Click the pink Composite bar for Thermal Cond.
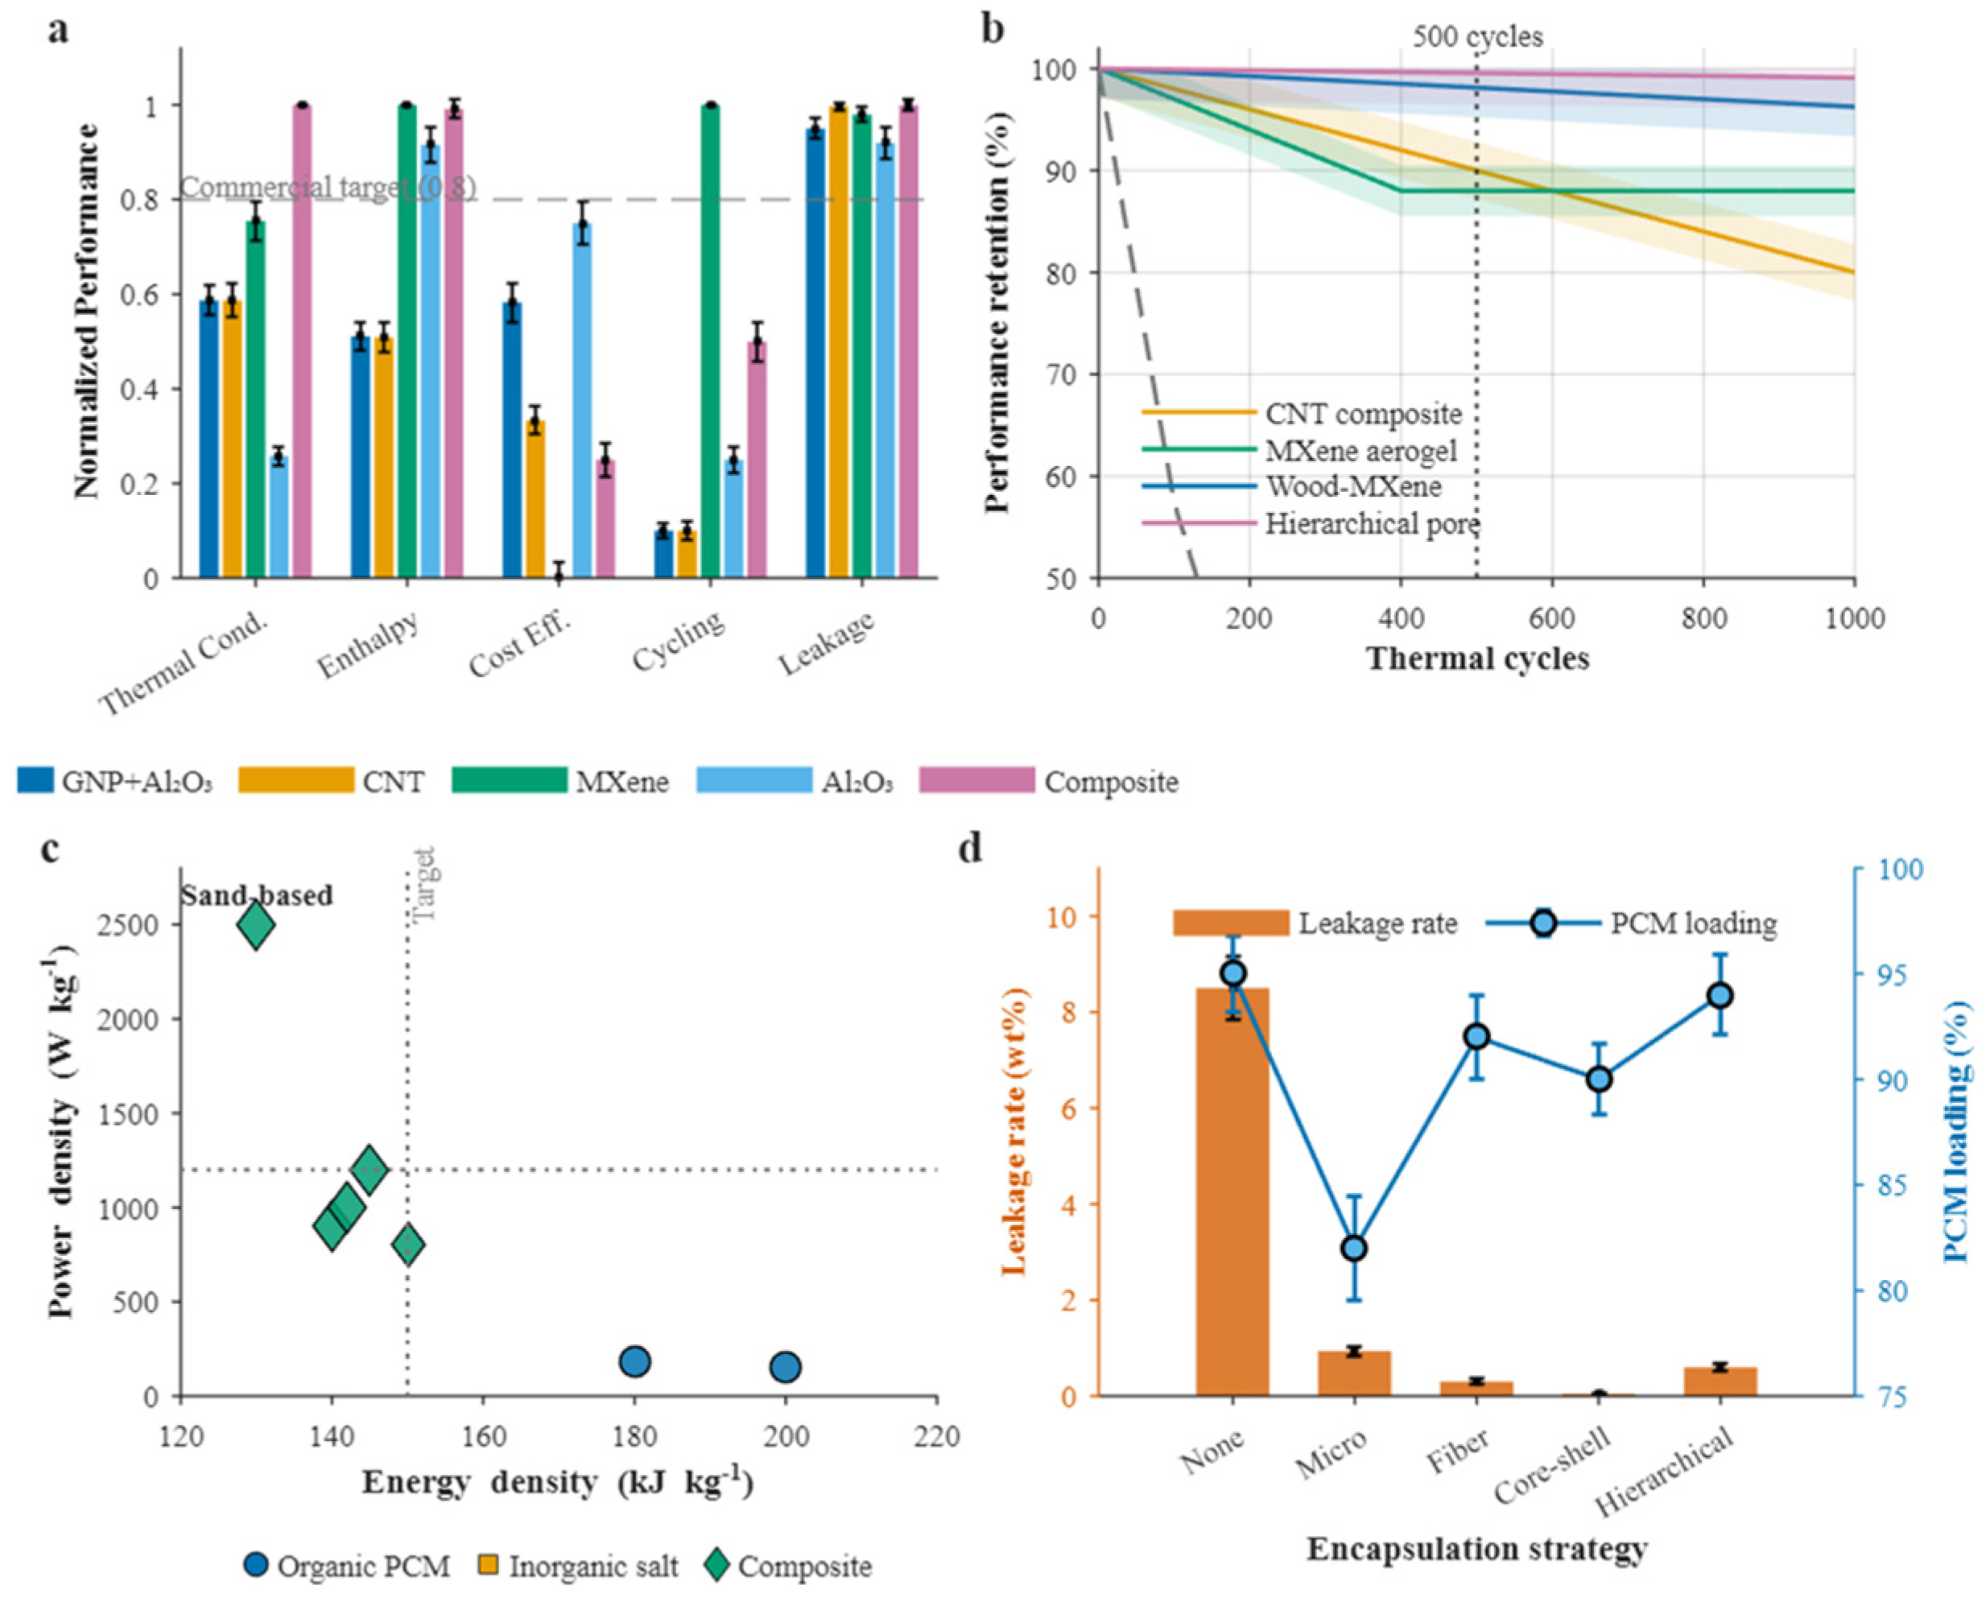pyautogui.click(x=302, y=341)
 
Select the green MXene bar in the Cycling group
pyautogui.click(x=710, y=341)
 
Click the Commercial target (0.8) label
pyautogui.click(x=328, y=188)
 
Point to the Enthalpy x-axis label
pyautogui.click(x=367, y=644)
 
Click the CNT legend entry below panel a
pyautogui.click(x=332, y=782)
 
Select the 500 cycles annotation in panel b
pyautogui.click(x=1477, y=37)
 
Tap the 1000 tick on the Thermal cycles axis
pyautogui.click(x=1854, y=617)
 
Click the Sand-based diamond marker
pyautogui.click(x=256, y=926)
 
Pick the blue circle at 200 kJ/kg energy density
pyautogui.click(x=785, y=1367)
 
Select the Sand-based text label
pyautogui.click(x=257, y=894)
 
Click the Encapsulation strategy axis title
pyautogui.click(x=1476, y=1549)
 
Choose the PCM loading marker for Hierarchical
pyautogui.click(x=1720, y=996)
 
